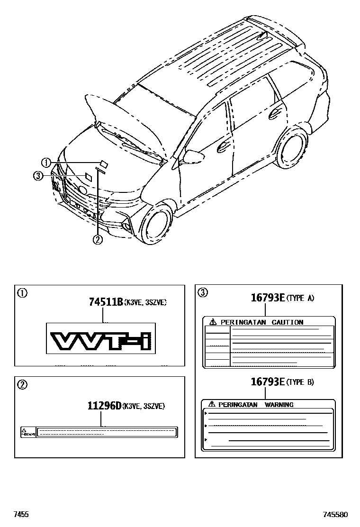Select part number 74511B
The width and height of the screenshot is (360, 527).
106,301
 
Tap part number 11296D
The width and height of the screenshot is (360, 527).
104,406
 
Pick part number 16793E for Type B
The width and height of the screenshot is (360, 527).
267,382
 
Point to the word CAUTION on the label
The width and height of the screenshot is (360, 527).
287,322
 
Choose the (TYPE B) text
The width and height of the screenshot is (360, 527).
301,382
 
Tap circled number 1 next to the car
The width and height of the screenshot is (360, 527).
46,163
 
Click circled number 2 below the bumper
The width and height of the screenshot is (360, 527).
98,240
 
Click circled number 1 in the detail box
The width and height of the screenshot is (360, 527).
22,292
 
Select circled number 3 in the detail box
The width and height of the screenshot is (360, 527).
203,292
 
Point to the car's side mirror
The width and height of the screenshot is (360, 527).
194,155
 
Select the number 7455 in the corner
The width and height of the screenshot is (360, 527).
21,514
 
